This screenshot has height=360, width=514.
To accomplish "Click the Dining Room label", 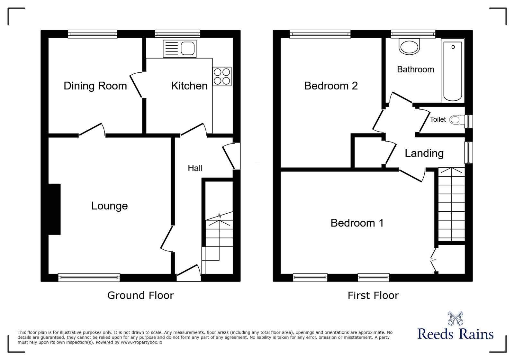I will tap(95, 86).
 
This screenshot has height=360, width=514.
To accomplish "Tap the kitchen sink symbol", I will tap(179, 49).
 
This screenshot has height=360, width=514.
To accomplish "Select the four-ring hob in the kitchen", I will tap(222, 76).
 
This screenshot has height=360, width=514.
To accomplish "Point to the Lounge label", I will tap(109, 206).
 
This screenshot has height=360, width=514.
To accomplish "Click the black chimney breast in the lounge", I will tap(54, 209).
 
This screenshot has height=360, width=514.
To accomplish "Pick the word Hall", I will tap(195, 168).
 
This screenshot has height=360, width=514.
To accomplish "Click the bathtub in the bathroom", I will tap(453, 71).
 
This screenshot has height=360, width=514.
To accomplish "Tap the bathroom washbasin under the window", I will tap(409, 47).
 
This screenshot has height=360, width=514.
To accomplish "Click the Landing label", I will tap(424, 153).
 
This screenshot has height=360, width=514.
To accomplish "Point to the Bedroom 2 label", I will tap(331, 86).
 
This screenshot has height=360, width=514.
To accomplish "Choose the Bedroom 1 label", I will tap(357, 223).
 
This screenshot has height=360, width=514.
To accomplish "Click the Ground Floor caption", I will tap(140, 295).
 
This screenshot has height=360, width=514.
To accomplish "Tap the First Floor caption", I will tap(373, 295).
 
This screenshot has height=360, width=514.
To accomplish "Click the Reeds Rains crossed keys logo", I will tap(455, 318).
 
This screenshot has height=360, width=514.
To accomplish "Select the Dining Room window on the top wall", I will tap(92, 34).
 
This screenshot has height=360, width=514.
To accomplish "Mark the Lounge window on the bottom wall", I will tap(89, 277).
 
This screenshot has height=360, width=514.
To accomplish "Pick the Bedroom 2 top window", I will tap(320, 34).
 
